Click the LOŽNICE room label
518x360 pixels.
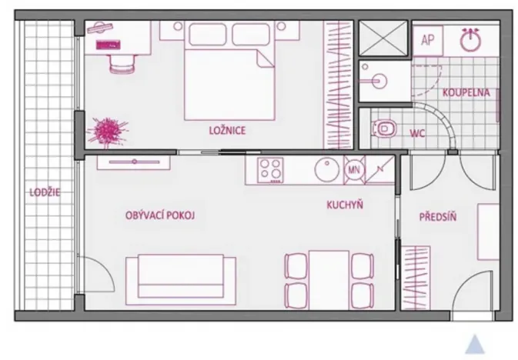coord(228,130)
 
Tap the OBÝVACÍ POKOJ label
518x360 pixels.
coord(160,215)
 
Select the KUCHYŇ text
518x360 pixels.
coord(345,205)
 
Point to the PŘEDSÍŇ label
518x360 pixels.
coord(438,217)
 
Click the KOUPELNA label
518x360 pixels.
coord(466,92)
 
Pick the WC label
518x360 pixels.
coord(417,133)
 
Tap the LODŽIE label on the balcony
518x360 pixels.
coord(45,192)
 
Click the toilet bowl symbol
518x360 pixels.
coord(384,128)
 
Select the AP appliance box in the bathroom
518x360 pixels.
coord(427,40)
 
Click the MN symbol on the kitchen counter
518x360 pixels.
coord(354,170)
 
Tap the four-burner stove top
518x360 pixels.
coord(271,170)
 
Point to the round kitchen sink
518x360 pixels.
coord(326,170)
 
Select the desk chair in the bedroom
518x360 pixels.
coord(122,63)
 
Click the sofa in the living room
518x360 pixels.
coord(181,279)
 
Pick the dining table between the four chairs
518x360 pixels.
coord(329,280)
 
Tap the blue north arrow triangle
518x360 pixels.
coord(475,345)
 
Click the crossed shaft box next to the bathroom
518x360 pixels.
coord(383,38)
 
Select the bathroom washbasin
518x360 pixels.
coord(376,80)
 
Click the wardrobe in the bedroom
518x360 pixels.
coord(339,85)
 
